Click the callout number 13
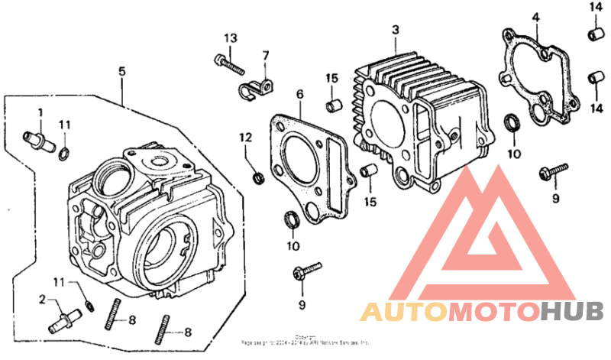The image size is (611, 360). pos(231,39)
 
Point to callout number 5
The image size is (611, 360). pos(121,71)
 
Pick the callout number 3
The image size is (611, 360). pos(395,30)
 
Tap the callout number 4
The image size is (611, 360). pos(536,17)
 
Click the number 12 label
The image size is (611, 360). pos(245,138)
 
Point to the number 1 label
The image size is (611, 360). pos(40,112)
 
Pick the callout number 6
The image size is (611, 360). pos(299,94)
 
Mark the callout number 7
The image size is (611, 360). pos(266,56)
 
